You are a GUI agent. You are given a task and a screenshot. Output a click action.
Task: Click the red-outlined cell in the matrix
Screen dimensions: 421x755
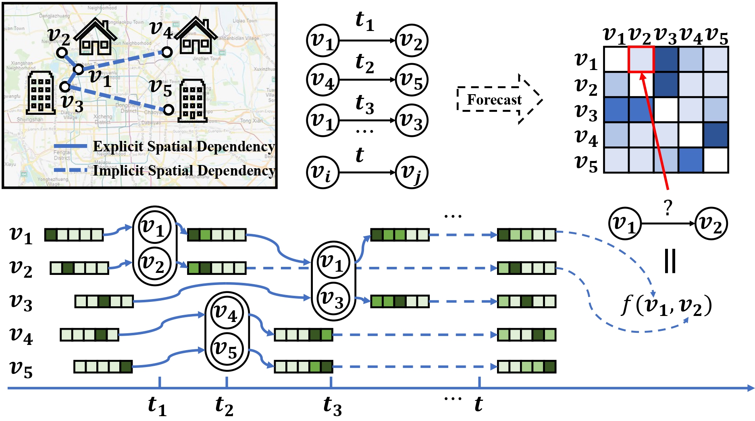(641, 59)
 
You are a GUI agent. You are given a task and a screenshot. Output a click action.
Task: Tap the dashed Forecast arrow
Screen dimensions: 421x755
(499, 99)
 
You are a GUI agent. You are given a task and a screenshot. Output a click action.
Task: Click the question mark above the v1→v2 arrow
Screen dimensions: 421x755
(668, 208)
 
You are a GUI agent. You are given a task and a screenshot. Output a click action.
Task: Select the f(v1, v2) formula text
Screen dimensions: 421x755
(667, 306)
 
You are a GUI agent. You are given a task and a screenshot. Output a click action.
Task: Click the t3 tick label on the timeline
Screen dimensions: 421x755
(332, 406)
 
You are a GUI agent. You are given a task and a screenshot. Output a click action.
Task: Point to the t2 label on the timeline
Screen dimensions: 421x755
(224, 406)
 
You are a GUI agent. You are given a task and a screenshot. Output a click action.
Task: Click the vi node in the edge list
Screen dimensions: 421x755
(322, 172)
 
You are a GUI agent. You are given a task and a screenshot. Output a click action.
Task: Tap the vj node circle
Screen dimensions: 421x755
(411, 172)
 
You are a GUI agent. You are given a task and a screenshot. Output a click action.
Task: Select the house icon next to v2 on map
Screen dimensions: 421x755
(95, 37)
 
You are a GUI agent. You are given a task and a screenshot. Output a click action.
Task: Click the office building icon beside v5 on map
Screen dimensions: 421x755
(193, 101)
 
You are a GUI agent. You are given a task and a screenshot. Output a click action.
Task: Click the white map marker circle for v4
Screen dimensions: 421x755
(167, 52)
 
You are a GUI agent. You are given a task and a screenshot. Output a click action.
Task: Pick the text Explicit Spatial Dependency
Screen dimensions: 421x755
(184, 147)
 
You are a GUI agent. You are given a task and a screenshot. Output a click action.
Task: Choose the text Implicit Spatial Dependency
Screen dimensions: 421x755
(184, 171)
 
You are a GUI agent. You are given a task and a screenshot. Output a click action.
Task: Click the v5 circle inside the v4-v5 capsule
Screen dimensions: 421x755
(227, 349)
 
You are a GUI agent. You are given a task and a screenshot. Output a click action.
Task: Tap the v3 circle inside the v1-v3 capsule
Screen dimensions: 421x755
(333, 298)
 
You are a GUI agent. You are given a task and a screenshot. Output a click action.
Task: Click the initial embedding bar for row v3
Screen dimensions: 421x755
(104, 301)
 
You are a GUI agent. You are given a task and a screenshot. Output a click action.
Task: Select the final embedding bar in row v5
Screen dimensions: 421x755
(526, 367)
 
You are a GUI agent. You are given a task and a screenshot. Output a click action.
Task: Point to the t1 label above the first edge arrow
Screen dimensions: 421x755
(364, 21)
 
